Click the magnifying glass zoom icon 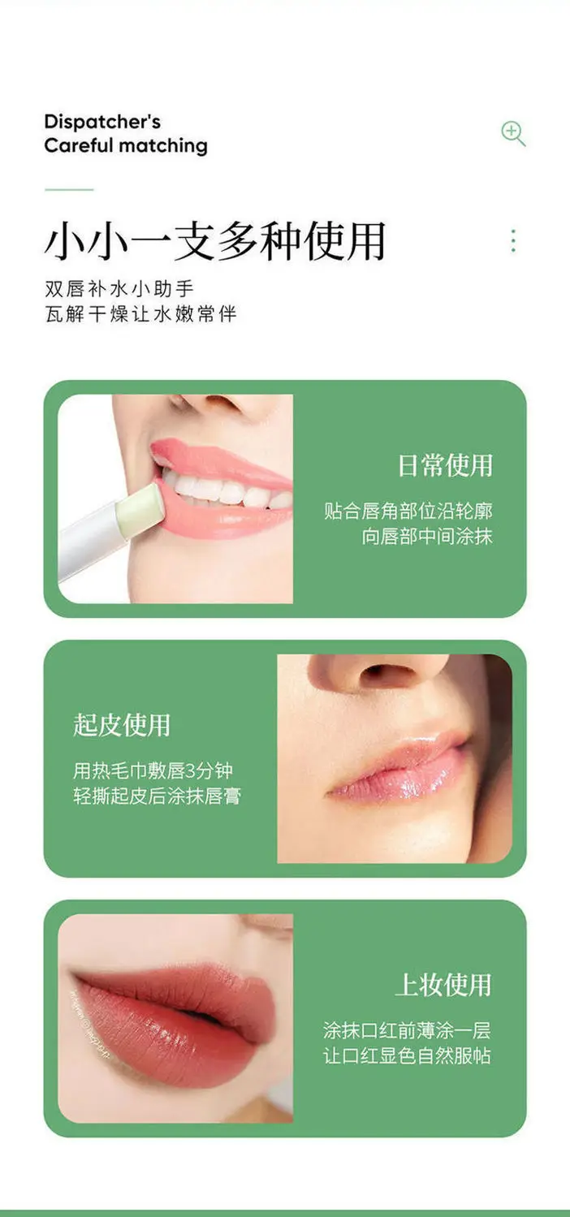coord(513,134)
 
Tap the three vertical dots coord(513,240)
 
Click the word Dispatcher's coord(102,123)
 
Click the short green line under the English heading coord(69,190)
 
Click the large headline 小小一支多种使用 coord(215,241)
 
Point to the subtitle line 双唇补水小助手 coord(119,288)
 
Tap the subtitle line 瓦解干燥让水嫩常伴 coord(140,314)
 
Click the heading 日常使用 coord(445,466)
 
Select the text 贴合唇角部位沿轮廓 coord(408,511)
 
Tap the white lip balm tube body coord(93,543)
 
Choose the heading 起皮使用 coord(122,725)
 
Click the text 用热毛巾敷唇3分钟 coord(153,770)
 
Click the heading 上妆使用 coord(443,985)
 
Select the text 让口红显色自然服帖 coord(407,1055)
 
